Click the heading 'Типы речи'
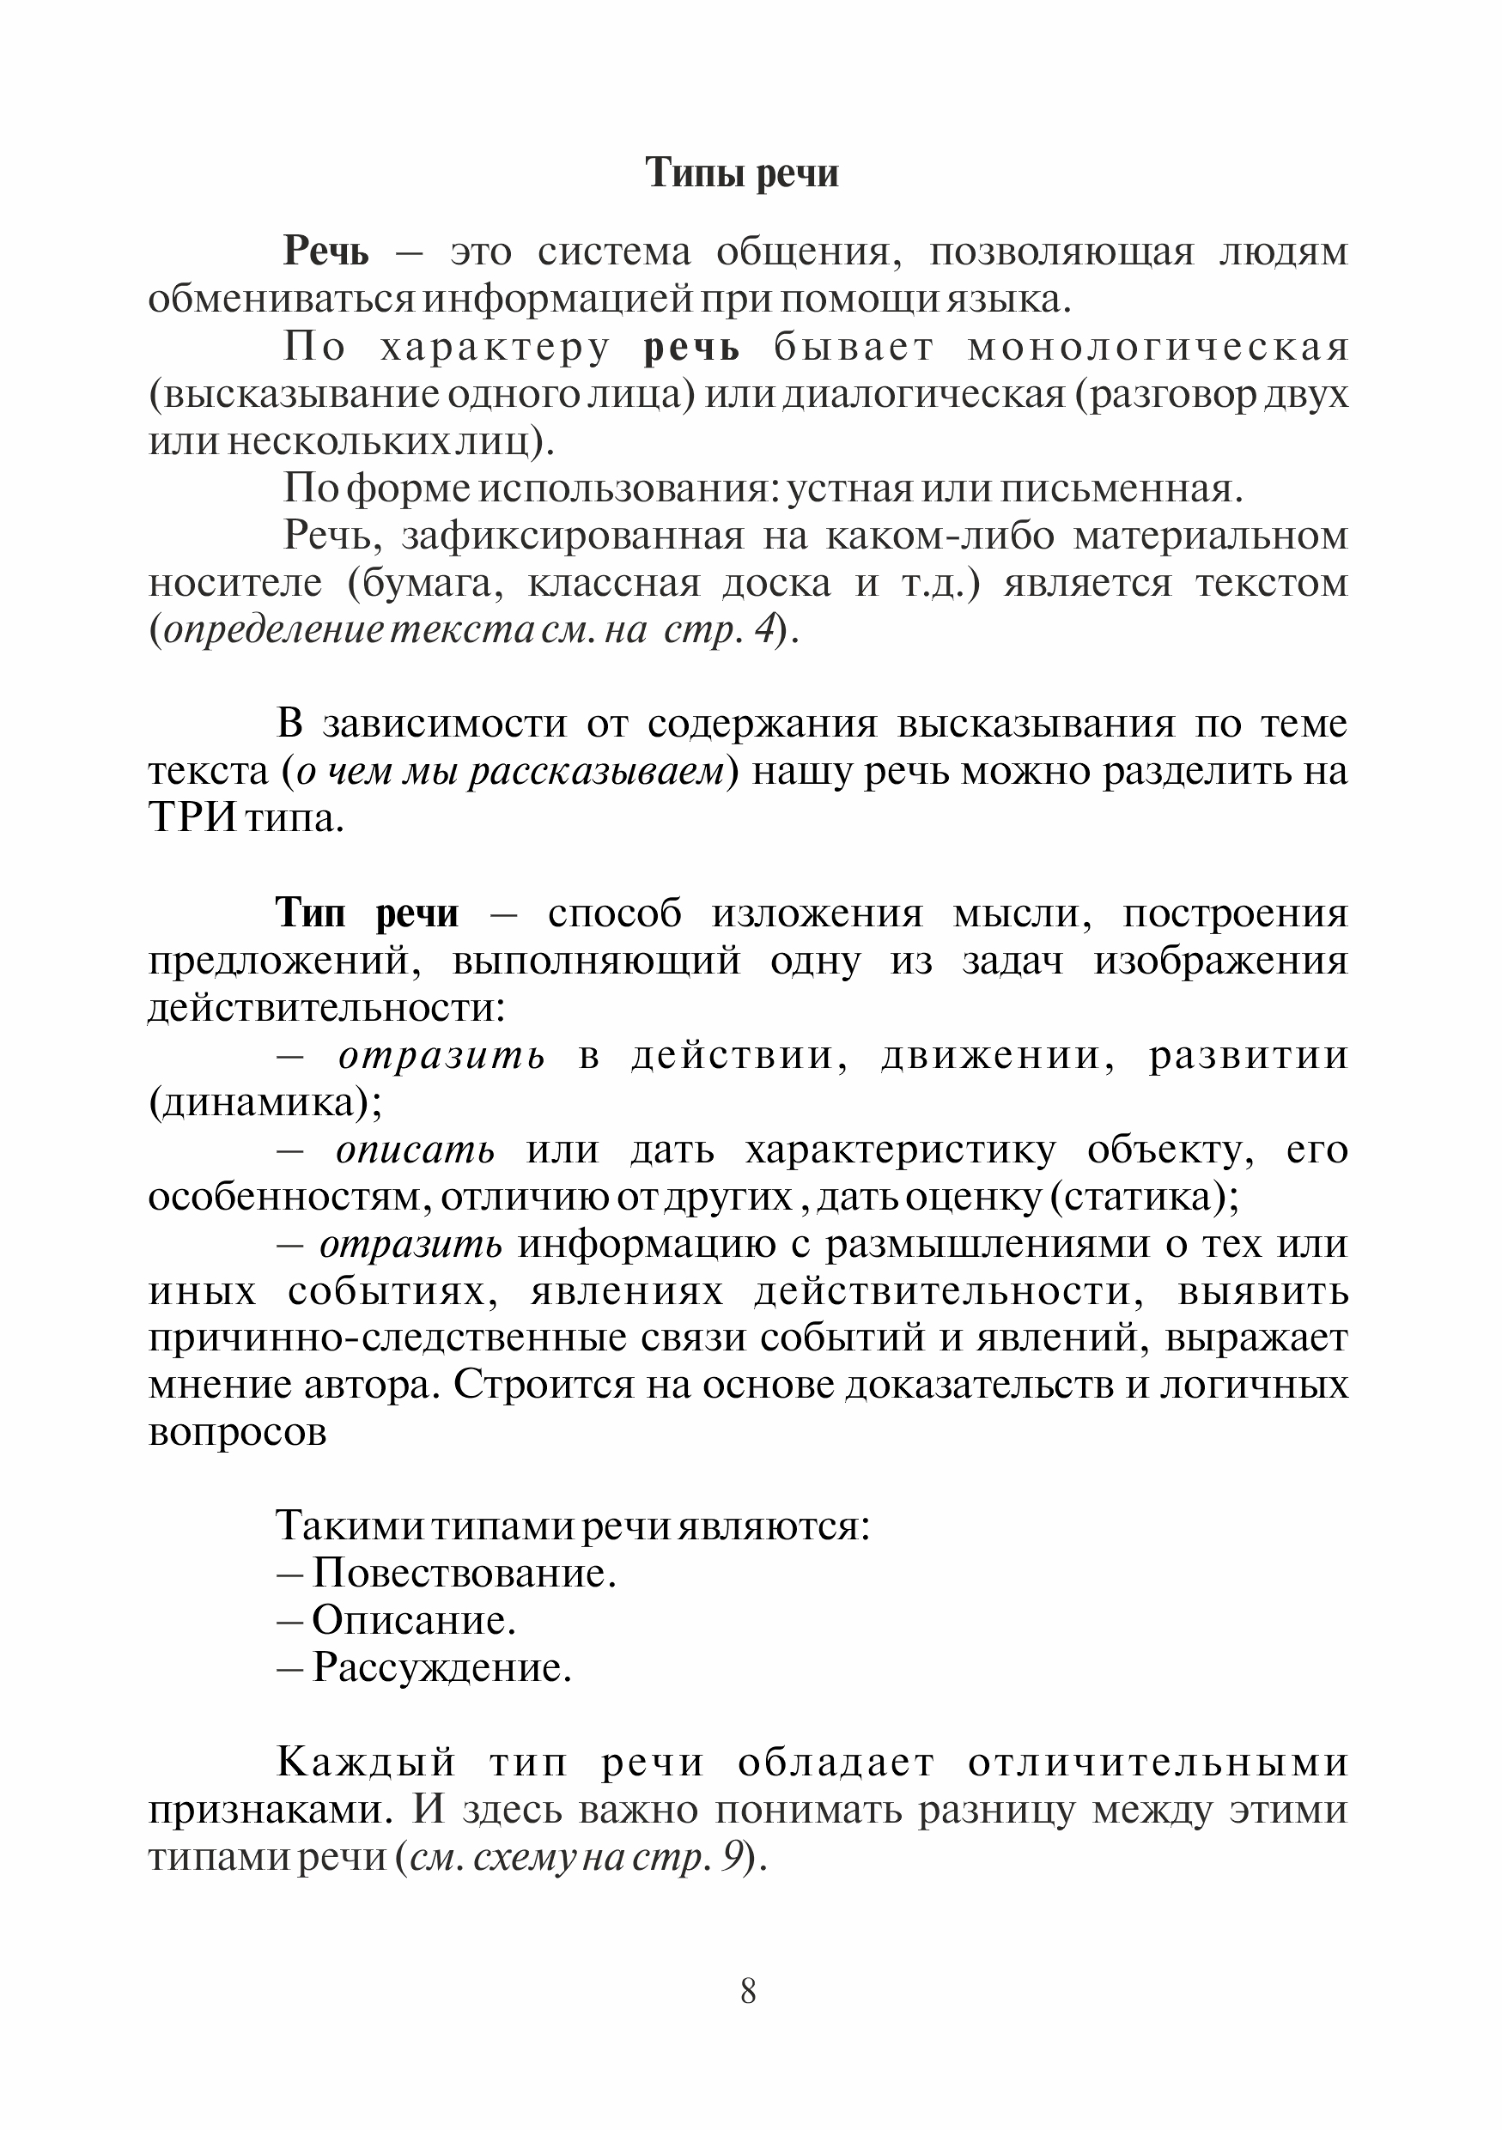[x=741, y=173]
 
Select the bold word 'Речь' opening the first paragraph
[x=325, y=252]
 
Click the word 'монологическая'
[x=1158, y=347]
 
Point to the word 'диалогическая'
[x=924, y=395]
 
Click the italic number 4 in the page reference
[x=764, y=632]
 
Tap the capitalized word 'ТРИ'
[x=192, y=819]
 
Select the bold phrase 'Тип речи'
[x=368, y=913]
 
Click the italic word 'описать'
[x=415, y=1150]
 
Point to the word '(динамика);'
[x=265, y=1104]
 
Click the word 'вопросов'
[x=238, y=1433]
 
